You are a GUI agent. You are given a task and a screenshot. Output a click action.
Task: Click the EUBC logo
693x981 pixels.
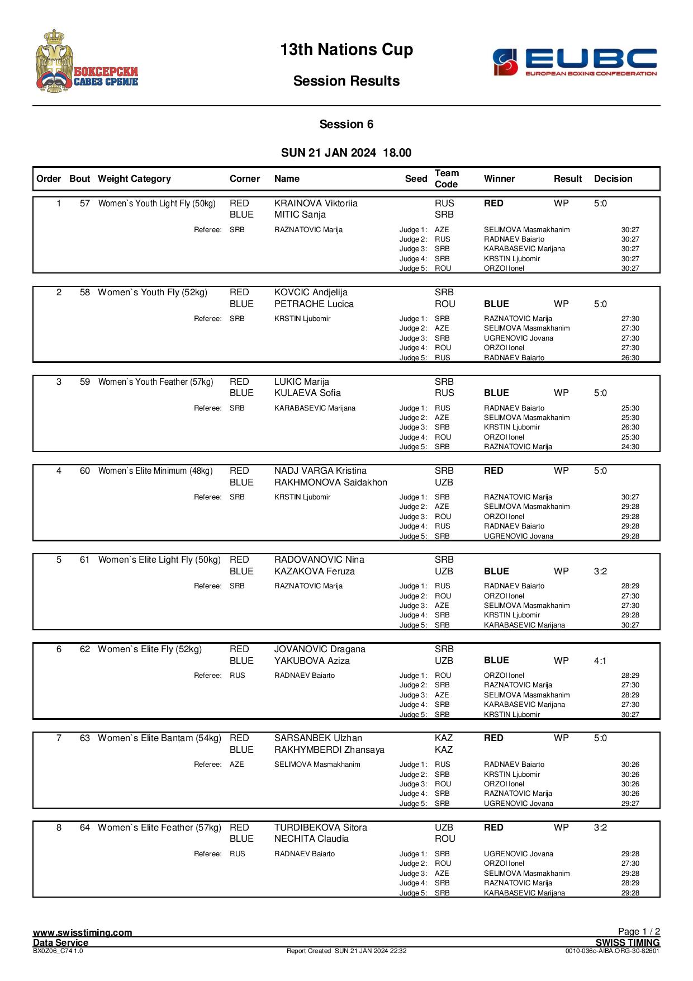tap(574, 62)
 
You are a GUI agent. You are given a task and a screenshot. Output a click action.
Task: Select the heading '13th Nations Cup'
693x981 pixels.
tap(346, 50)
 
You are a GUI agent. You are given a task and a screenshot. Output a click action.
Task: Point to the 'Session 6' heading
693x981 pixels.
tap(346, 124)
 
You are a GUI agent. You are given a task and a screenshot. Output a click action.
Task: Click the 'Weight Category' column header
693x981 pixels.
tap(134, 179)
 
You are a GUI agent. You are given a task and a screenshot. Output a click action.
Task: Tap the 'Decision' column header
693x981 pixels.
tap(613, 179)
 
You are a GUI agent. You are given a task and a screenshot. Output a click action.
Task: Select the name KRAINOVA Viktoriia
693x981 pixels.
tap(316, 204)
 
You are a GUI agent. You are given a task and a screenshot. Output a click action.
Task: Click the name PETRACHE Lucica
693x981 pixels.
tap(314, 304)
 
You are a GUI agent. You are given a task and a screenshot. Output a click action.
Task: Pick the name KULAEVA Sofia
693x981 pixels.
tap(307, 393)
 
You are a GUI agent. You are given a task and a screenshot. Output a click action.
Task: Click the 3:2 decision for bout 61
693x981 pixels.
tap(600, 572)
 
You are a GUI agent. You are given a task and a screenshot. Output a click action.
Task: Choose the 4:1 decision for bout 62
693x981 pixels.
tap(600, 661)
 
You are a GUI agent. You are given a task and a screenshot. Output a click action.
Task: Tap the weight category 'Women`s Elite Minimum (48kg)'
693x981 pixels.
tap(155, 471)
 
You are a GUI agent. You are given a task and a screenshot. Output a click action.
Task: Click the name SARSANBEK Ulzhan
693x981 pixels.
tap(318, 738)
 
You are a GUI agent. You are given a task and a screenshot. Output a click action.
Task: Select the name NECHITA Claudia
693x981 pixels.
tap(311, 839)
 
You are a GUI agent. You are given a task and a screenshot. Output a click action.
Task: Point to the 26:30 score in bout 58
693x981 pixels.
tap(630, 358)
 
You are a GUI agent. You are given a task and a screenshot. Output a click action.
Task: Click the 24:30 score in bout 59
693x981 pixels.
tap(630, 447)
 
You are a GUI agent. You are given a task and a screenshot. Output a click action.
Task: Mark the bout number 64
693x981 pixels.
tap(85, 828)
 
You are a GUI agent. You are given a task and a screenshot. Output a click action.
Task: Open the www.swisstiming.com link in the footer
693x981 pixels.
tap(83, 932)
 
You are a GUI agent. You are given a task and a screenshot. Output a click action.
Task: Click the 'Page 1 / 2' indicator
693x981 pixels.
tap(639, 932)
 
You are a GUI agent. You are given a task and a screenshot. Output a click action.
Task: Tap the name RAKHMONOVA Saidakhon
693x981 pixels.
tap(331, 483)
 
